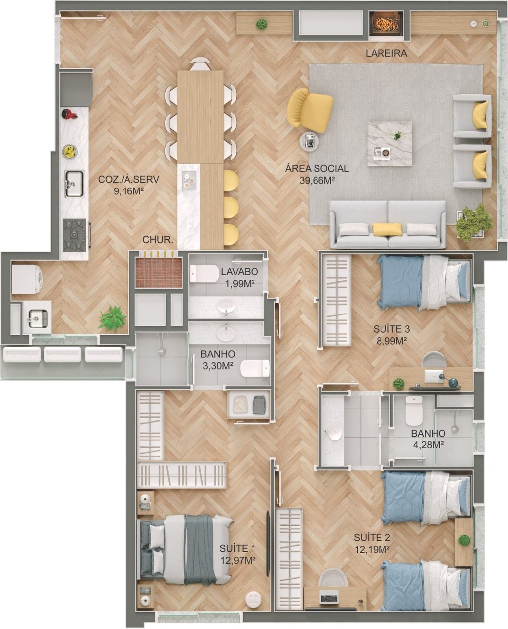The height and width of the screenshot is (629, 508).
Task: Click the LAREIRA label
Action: pyautogui.click(x=386, y=53)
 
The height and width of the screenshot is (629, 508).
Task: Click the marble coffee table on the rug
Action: pyautogui.click(x=389, y=144)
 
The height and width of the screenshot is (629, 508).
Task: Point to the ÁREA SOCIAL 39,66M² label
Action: pyautogui.click(x=317, y=174)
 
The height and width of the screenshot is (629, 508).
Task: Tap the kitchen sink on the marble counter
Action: pyautogui.click(x=74, y=184)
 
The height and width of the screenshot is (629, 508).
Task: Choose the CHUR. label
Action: pyautogui.click(x=158, y=240)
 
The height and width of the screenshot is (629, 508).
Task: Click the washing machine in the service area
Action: pyautogui.click(x=27, y=278)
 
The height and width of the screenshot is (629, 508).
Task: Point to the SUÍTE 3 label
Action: pyautogui.click(x=391, y=329)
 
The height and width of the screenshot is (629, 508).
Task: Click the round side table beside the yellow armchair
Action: pyautogui.click(x=310, y=141)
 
